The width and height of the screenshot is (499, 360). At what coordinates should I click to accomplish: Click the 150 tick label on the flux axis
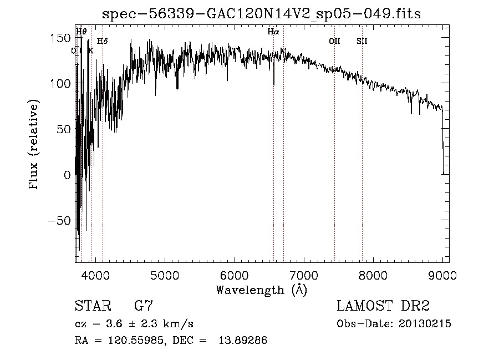(61, 38)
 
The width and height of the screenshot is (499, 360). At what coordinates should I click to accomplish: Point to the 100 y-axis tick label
(61, 84)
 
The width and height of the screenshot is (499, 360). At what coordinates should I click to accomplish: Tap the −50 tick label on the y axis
(59, 221)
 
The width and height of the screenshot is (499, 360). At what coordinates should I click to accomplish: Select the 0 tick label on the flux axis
(67, 175)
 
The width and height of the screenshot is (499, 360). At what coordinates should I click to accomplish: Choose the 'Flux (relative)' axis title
(35, 145)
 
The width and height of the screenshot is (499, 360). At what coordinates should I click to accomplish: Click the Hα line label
(273, 32)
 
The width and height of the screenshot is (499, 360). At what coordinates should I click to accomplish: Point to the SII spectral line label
(362, 41)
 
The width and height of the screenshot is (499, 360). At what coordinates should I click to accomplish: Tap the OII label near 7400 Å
(334, 41)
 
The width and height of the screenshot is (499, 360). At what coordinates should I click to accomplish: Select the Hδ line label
(102, 41)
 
